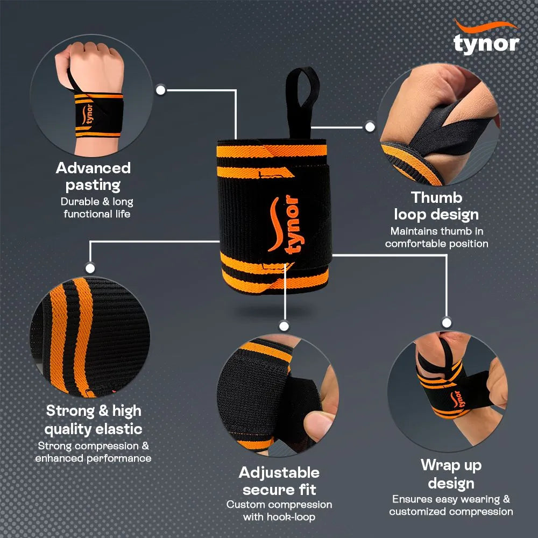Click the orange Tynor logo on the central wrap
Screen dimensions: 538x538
284,225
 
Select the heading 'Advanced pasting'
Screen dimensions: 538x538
93,176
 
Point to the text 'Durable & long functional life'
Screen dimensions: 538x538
97,208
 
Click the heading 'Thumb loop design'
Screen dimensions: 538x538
436,206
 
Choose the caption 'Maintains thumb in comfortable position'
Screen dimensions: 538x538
436,237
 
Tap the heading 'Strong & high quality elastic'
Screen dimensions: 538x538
94,420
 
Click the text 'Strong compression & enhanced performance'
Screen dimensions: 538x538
94,452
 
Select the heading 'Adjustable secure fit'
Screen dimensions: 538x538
279,481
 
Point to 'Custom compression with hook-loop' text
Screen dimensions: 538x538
279,511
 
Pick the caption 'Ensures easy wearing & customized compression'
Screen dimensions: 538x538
451,505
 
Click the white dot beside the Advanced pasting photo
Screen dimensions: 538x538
160,89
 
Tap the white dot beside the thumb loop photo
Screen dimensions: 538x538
370,127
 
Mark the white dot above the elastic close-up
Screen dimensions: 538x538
90,267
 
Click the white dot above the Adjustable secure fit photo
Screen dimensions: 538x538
284,325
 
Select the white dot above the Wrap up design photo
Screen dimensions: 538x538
446,322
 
